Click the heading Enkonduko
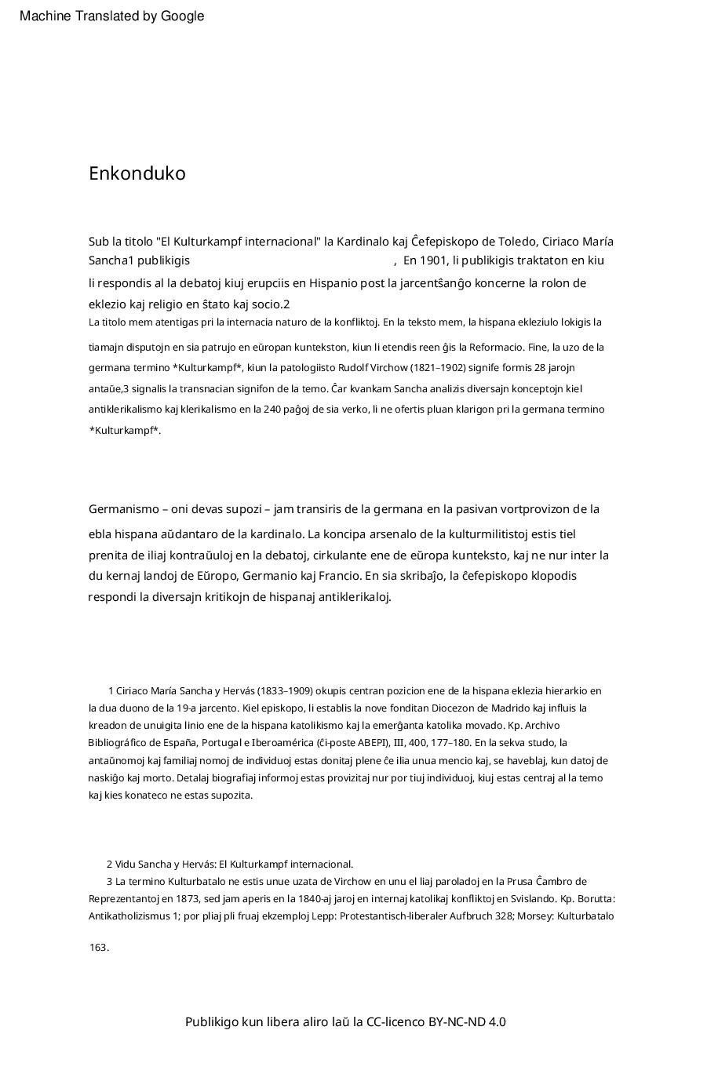click(137, 173)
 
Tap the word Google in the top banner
click(182, 16)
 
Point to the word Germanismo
click(124, 509)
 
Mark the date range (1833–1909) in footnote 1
click(286, 691)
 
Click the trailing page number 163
click(98, 948)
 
